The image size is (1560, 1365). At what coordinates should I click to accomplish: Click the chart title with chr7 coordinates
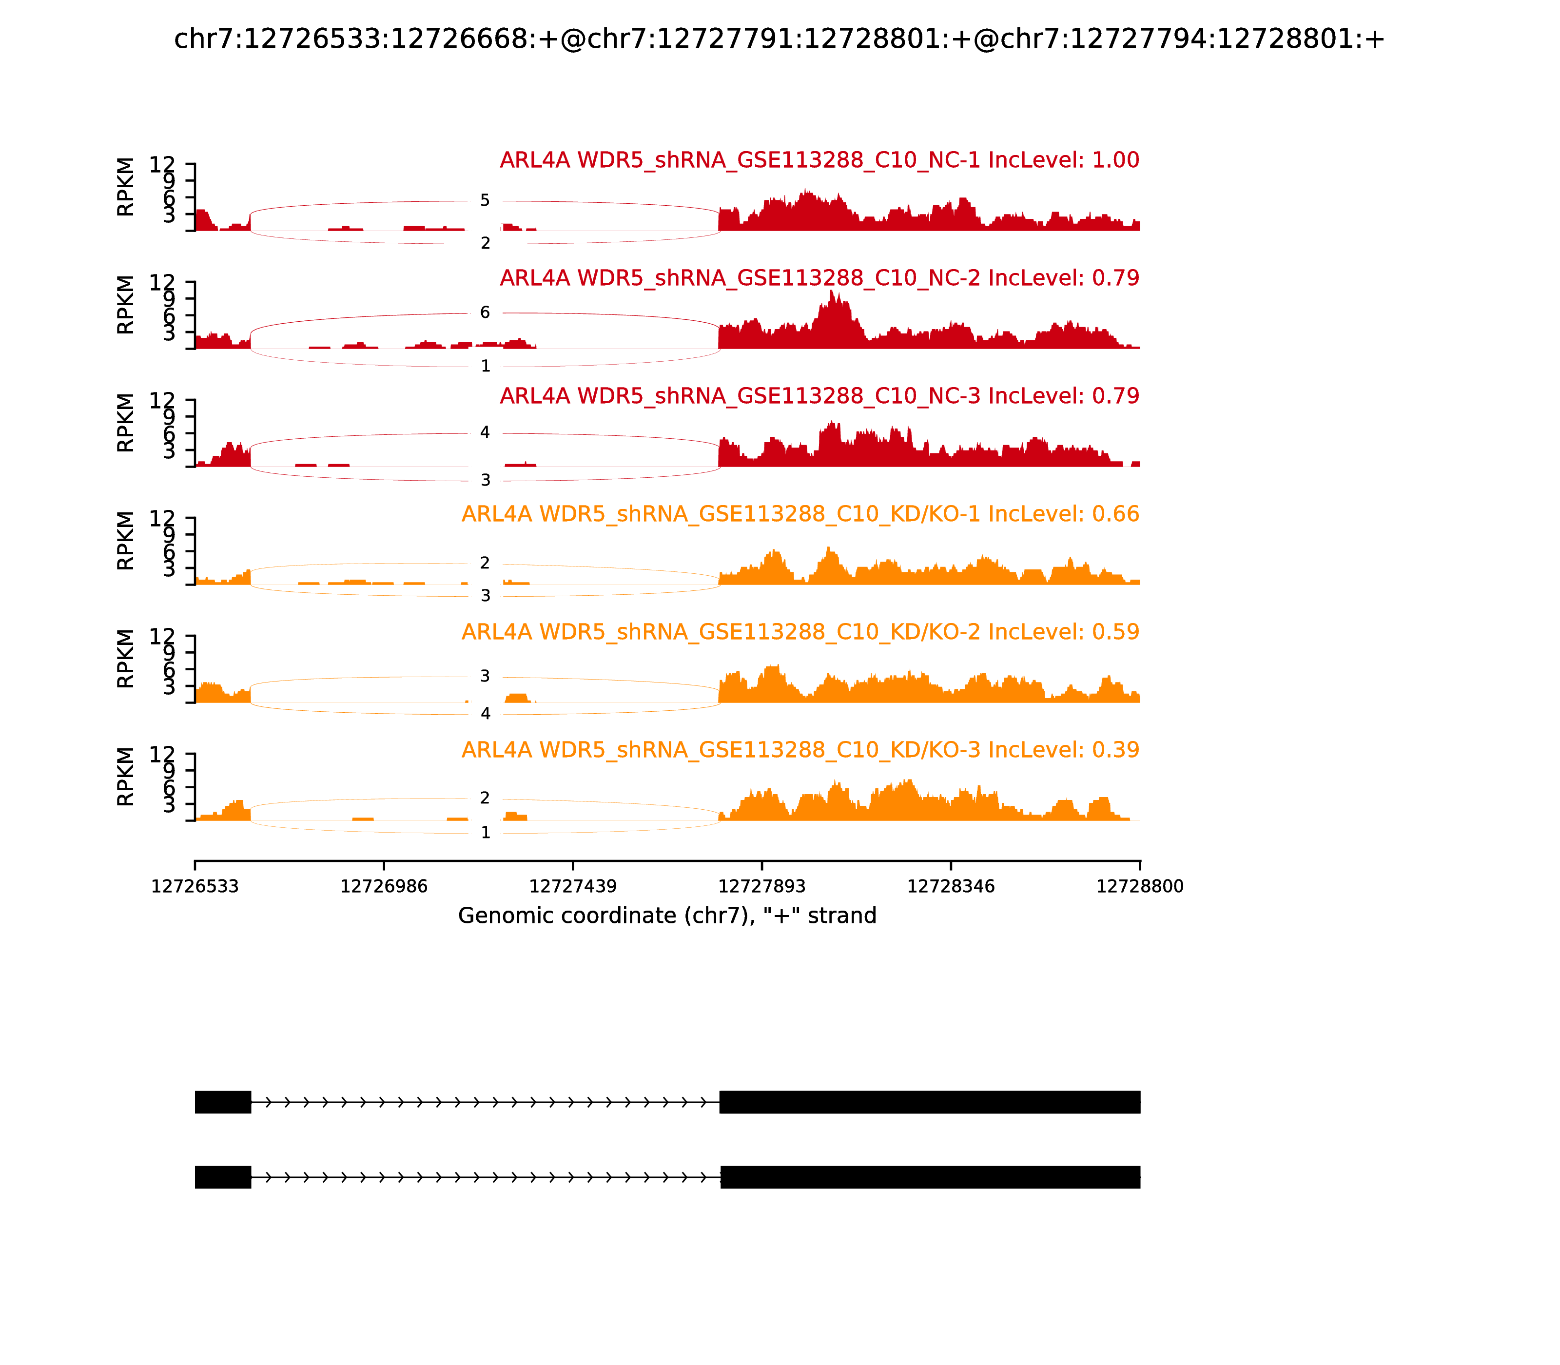click(x=779, y=39)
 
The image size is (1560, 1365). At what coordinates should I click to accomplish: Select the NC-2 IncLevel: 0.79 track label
click(x=819, y=278)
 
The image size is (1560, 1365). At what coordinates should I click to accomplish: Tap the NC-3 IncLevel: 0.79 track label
click(x=819, y=396)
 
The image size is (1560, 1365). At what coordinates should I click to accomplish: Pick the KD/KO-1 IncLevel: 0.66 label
click(x=800, y=514)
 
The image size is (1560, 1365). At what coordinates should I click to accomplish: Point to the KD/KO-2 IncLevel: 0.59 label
click(x=800, y=632)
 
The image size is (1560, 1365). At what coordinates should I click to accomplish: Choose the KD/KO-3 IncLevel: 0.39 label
click(x=800, y=750)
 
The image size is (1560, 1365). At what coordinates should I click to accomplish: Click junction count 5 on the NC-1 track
click(x=485, y=201)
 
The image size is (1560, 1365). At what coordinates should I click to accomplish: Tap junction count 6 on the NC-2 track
click(x=485, y=312)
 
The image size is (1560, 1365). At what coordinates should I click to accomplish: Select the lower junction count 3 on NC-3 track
click(x=485, y=480)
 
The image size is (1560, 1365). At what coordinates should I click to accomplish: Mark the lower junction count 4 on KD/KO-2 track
click(x=485, y=714)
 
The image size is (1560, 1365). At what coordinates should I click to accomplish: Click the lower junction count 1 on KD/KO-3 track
click(x=485, y=833)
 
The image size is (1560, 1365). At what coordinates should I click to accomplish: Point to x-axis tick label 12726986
click(x=384, y=887)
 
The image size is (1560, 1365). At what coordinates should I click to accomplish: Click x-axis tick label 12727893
click(x=761, y=887)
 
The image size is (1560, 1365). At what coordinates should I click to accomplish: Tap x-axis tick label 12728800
click(x=1140, y=887)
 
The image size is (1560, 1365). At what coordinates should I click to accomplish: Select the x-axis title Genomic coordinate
click(x=667, y=916)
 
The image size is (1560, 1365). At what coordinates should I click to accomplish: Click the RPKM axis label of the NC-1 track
click(x=126, y=187)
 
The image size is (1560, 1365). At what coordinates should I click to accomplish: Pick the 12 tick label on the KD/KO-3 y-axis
click(x=161, y=754)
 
